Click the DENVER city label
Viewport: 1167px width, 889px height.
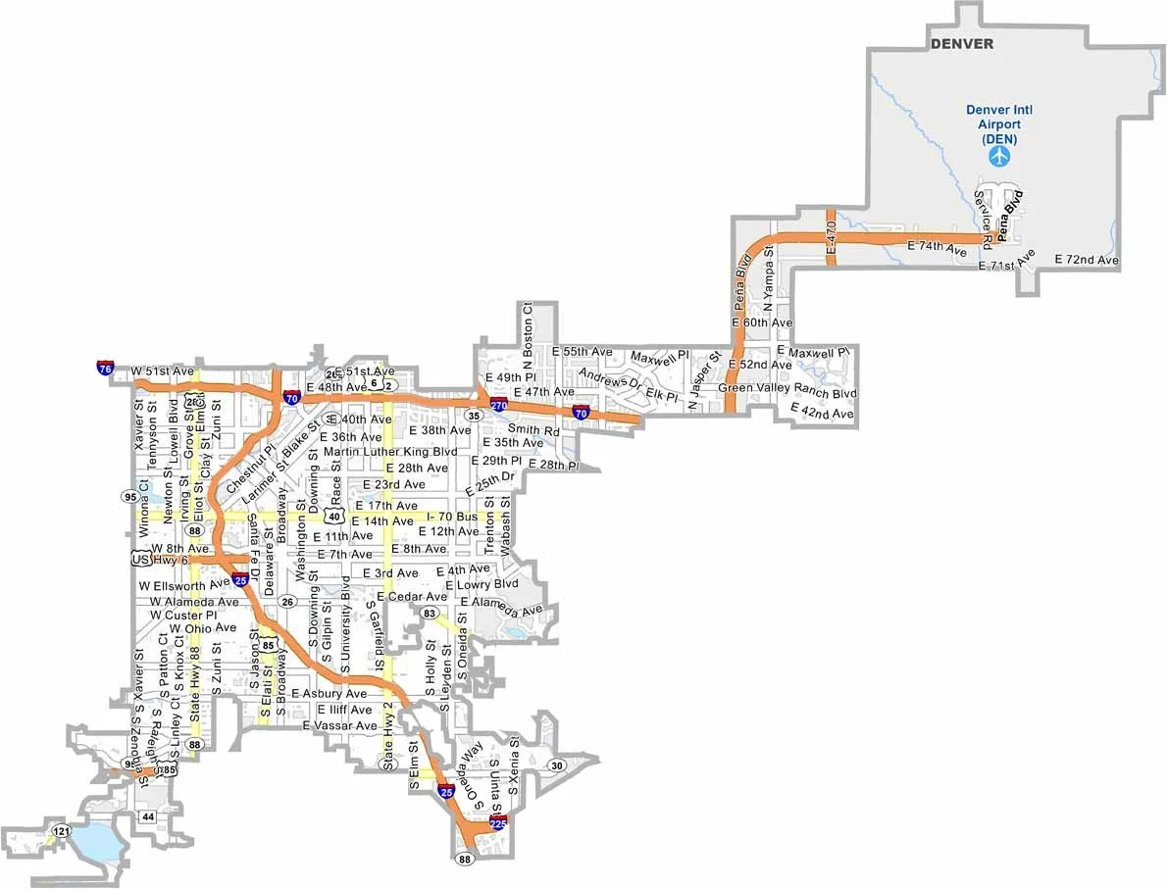961,44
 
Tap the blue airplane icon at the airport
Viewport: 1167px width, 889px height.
998,157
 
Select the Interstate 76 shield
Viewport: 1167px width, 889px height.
105,369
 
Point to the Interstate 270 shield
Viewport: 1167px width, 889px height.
499,404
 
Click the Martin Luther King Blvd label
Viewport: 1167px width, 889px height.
390,452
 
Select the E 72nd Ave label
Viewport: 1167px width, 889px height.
1087,260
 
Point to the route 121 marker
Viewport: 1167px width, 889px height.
62,831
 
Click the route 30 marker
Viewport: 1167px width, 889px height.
557,766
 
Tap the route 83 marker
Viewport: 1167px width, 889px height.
429,613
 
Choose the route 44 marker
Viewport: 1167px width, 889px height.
148,815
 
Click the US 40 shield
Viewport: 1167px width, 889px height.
334,516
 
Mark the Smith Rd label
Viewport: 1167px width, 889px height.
533,430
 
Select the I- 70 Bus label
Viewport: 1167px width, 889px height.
452,516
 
